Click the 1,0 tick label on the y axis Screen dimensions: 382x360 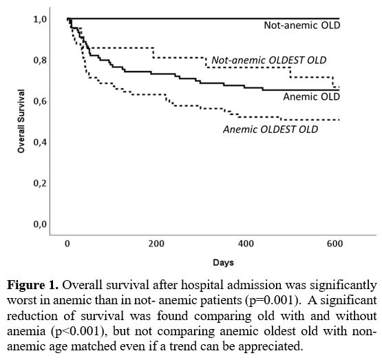click(x=40, y=19)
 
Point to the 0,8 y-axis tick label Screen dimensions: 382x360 click(x=40, y=60)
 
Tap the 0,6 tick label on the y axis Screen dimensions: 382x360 click(x=40, y=101)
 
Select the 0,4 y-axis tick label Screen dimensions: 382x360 click(x=40, y=142)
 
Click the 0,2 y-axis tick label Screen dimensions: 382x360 click(x=40, y=183)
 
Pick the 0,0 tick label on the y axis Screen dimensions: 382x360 click(x=40, y=224)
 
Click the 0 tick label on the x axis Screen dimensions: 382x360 click(x=67, y=244)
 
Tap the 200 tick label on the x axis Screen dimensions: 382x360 click(x=156, y=244)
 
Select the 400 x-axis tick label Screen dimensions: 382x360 click(x=246, y=244)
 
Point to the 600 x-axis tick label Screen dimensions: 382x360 click(x=335, y=244)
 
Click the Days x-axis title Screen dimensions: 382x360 click(x=223, y=262)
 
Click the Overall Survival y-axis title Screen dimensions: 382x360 click(x=21, y=121)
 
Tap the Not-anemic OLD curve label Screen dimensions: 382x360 click(x=302, y=25)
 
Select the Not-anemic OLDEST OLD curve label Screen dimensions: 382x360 click(x=269, y=60)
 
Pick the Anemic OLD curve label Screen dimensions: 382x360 click(x=311, y=96)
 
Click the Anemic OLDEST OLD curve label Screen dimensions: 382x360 click(x=270, y=129)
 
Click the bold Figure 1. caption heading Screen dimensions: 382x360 click(x=32, y=285)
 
